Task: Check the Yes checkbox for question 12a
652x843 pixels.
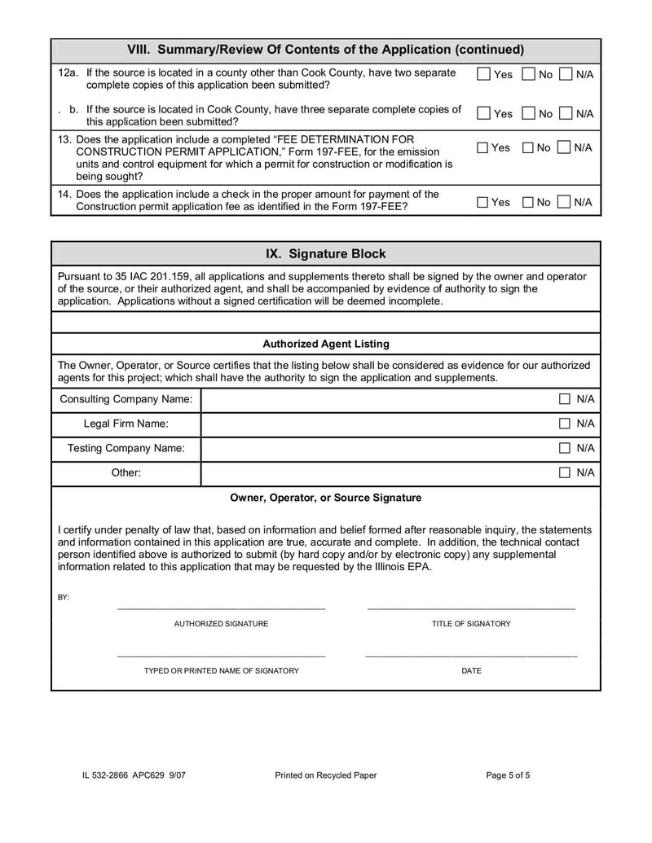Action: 484,75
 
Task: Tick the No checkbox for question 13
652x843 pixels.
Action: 527,148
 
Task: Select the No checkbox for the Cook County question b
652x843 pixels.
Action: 528,114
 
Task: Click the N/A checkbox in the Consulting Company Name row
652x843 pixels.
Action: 565,399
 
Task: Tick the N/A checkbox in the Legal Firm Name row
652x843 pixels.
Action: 565,424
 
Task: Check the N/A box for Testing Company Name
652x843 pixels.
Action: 565,448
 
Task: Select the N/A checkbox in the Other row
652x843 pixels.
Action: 565,472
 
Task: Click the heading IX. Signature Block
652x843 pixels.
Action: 326,254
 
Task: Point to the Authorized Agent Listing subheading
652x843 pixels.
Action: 326,345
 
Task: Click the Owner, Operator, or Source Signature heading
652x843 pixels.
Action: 326,498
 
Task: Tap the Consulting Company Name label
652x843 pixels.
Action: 126,399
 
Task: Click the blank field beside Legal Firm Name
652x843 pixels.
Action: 375,424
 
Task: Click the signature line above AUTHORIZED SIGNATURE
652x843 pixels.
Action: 221,607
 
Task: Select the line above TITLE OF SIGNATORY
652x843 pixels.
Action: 471,607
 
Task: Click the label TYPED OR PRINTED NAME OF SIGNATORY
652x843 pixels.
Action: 221,671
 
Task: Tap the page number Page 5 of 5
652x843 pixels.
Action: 508,775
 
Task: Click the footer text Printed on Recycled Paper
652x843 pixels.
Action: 326,775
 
